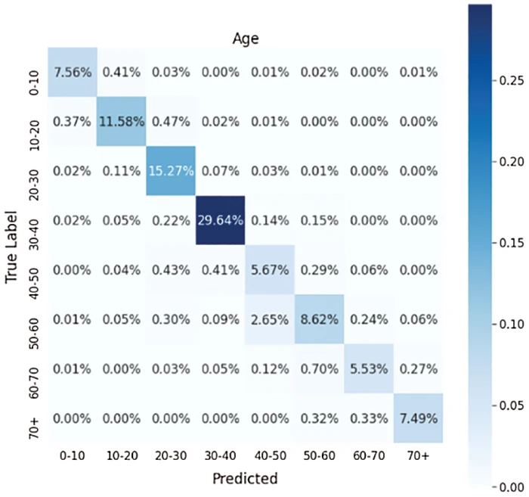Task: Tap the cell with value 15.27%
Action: tap(172, 171)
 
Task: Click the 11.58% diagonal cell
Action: tap(122, 121)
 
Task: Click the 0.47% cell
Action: tap(172, 121)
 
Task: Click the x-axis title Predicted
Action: tap(245, 479)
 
